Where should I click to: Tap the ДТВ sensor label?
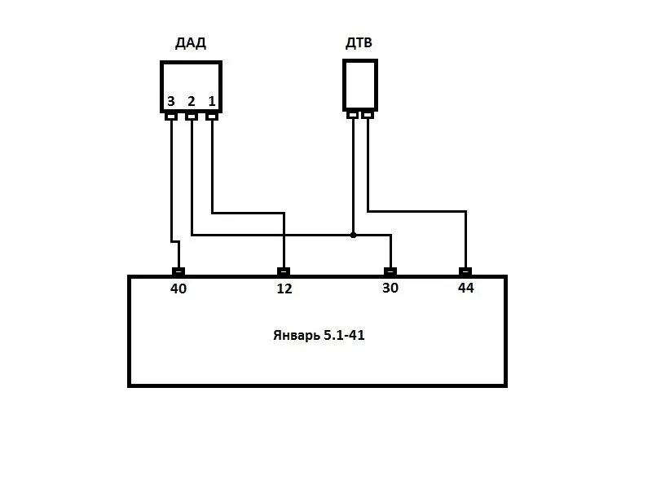359,42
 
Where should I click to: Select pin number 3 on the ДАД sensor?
170,102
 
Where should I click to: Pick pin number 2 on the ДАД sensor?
192,102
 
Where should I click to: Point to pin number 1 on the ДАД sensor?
212,102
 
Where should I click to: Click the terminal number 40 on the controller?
178,288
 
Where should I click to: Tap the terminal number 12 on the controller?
284,288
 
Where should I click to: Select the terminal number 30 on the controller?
390,288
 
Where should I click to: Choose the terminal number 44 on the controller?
465,288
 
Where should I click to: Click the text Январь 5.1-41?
319,335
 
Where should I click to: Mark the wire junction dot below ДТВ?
353,235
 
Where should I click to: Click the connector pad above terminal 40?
178,271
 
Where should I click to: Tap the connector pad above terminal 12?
284,271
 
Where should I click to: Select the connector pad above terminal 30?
390,271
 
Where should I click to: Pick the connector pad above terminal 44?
465,271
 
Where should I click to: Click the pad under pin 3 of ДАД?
171,116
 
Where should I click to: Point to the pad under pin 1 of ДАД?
212,116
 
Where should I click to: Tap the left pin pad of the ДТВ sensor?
352,115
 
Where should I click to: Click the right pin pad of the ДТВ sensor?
368,115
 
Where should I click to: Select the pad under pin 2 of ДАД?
192,116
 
